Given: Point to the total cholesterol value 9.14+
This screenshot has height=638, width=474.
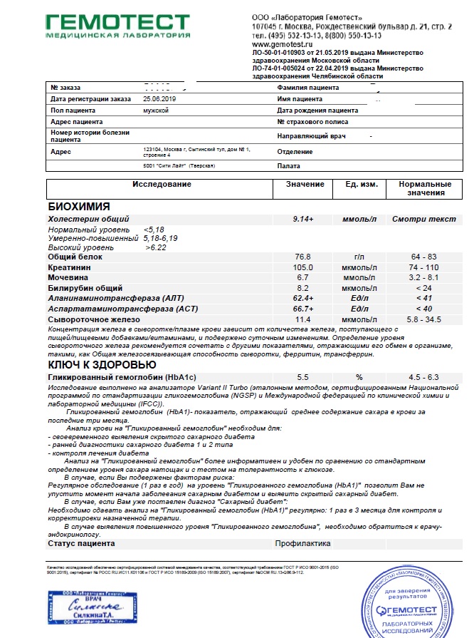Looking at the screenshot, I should tap(305, 220).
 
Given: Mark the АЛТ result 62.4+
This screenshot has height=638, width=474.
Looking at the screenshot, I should tap(305, 299).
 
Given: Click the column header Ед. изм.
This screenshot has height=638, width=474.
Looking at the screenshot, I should tap(361, 185).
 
